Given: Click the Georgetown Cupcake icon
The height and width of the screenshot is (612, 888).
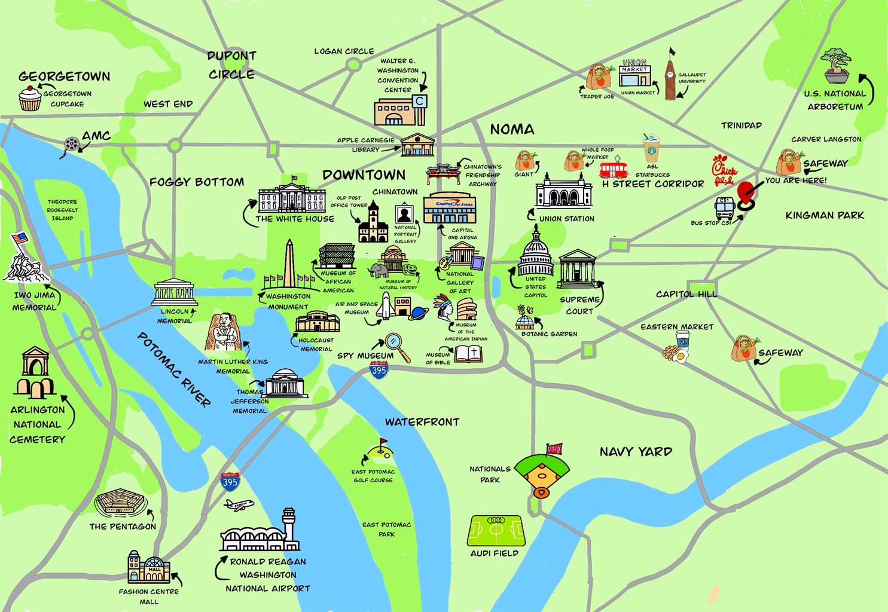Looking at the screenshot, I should click(x=30, y=99).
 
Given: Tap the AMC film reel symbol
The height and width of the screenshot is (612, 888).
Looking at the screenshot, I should click(x=72, y=144).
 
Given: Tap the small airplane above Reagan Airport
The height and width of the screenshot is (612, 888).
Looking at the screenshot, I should click(x=239, y=505).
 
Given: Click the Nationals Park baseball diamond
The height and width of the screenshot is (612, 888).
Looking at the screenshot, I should click(x=542, y=473).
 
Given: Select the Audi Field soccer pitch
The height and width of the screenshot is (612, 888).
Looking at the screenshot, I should click(x=496, y=531).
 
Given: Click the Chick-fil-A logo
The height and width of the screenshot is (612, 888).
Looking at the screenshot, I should click(x=724, y=170).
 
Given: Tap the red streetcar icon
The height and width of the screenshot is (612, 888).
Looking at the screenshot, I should click(x=613, y=169).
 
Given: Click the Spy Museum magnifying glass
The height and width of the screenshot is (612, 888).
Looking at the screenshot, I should click(x=396, y=345).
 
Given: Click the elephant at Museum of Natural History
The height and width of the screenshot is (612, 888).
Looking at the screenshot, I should click(x=379, y=270).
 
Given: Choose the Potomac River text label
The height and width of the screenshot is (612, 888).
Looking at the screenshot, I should click(x=174, y=369).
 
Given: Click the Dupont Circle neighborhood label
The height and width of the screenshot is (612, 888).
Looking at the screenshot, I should click(x=231, y=65).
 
